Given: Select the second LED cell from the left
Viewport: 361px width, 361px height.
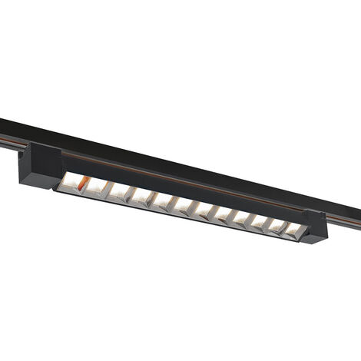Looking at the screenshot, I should (95, 187).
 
